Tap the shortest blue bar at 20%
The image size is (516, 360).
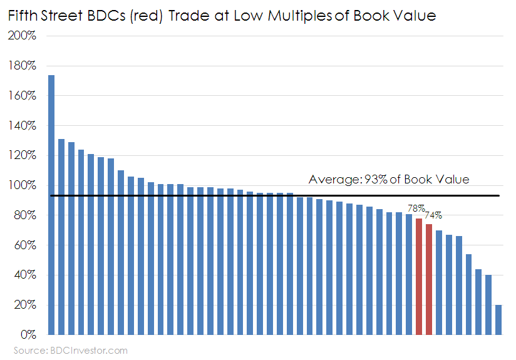point(498,320)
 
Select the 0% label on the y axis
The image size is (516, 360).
point(27,336)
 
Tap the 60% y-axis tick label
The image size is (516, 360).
point(24,246)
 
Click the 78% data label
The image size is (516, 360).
point(416,208)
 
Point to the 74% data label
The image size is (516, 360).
point(433,215)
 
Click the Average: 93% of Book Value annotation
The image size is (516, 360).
point(388,180)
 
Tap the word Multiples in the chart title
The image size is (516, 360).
point(299,16)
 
